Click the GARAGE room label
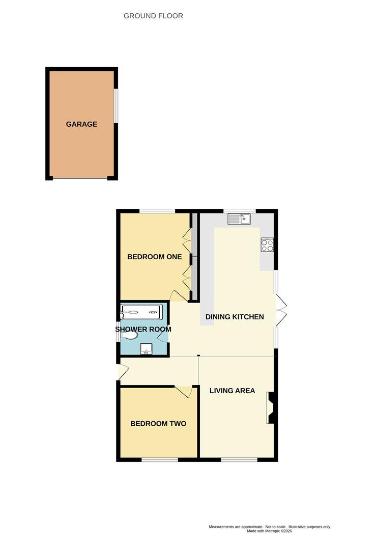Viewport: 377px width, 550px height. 81,124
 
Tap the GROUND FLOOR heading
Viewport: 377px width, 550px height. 153,16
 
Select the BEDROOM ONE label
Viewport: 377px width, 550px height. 155,257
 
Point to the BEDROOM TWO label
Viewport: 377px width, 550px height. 158,424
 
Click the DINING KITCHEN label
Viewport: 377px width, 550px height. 235,317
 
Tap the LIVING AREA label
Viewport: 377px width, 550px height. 232,391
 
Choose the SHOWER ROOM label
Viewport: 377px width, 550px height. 143,329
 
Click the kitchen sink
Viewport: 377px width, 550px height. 239,219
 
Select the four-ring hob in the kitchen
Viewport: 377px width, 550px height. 267,245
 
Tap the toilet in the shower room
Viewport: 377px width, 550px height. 129,335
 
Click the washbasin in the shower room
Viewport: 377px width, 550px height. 146,349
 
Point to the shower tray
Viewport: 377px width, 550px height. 141,312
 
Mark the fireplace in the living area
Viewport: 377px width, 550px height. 271,407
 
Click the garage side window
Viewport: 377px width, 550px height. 117,105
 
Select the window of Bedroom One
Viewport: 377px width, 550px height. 157,211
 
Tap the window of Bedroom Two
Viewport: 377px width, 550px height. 160,459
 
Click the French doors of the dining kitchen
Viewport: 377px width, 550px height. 281,310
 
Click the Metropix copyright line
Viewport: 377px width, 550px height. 269,531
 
